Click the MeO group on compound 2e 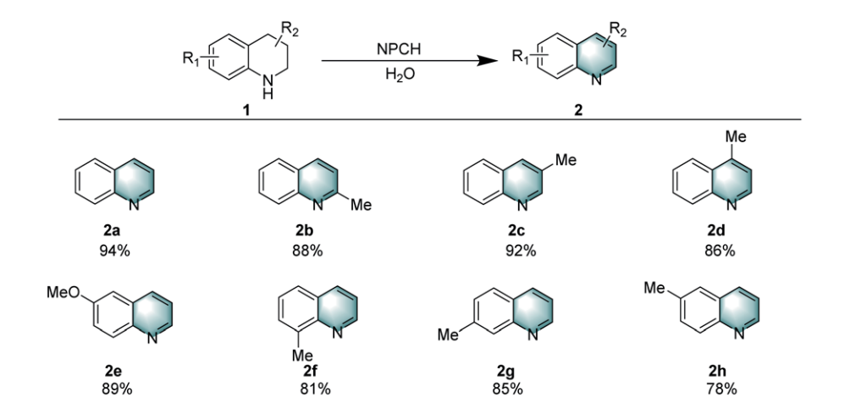(x=61, y=291)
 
